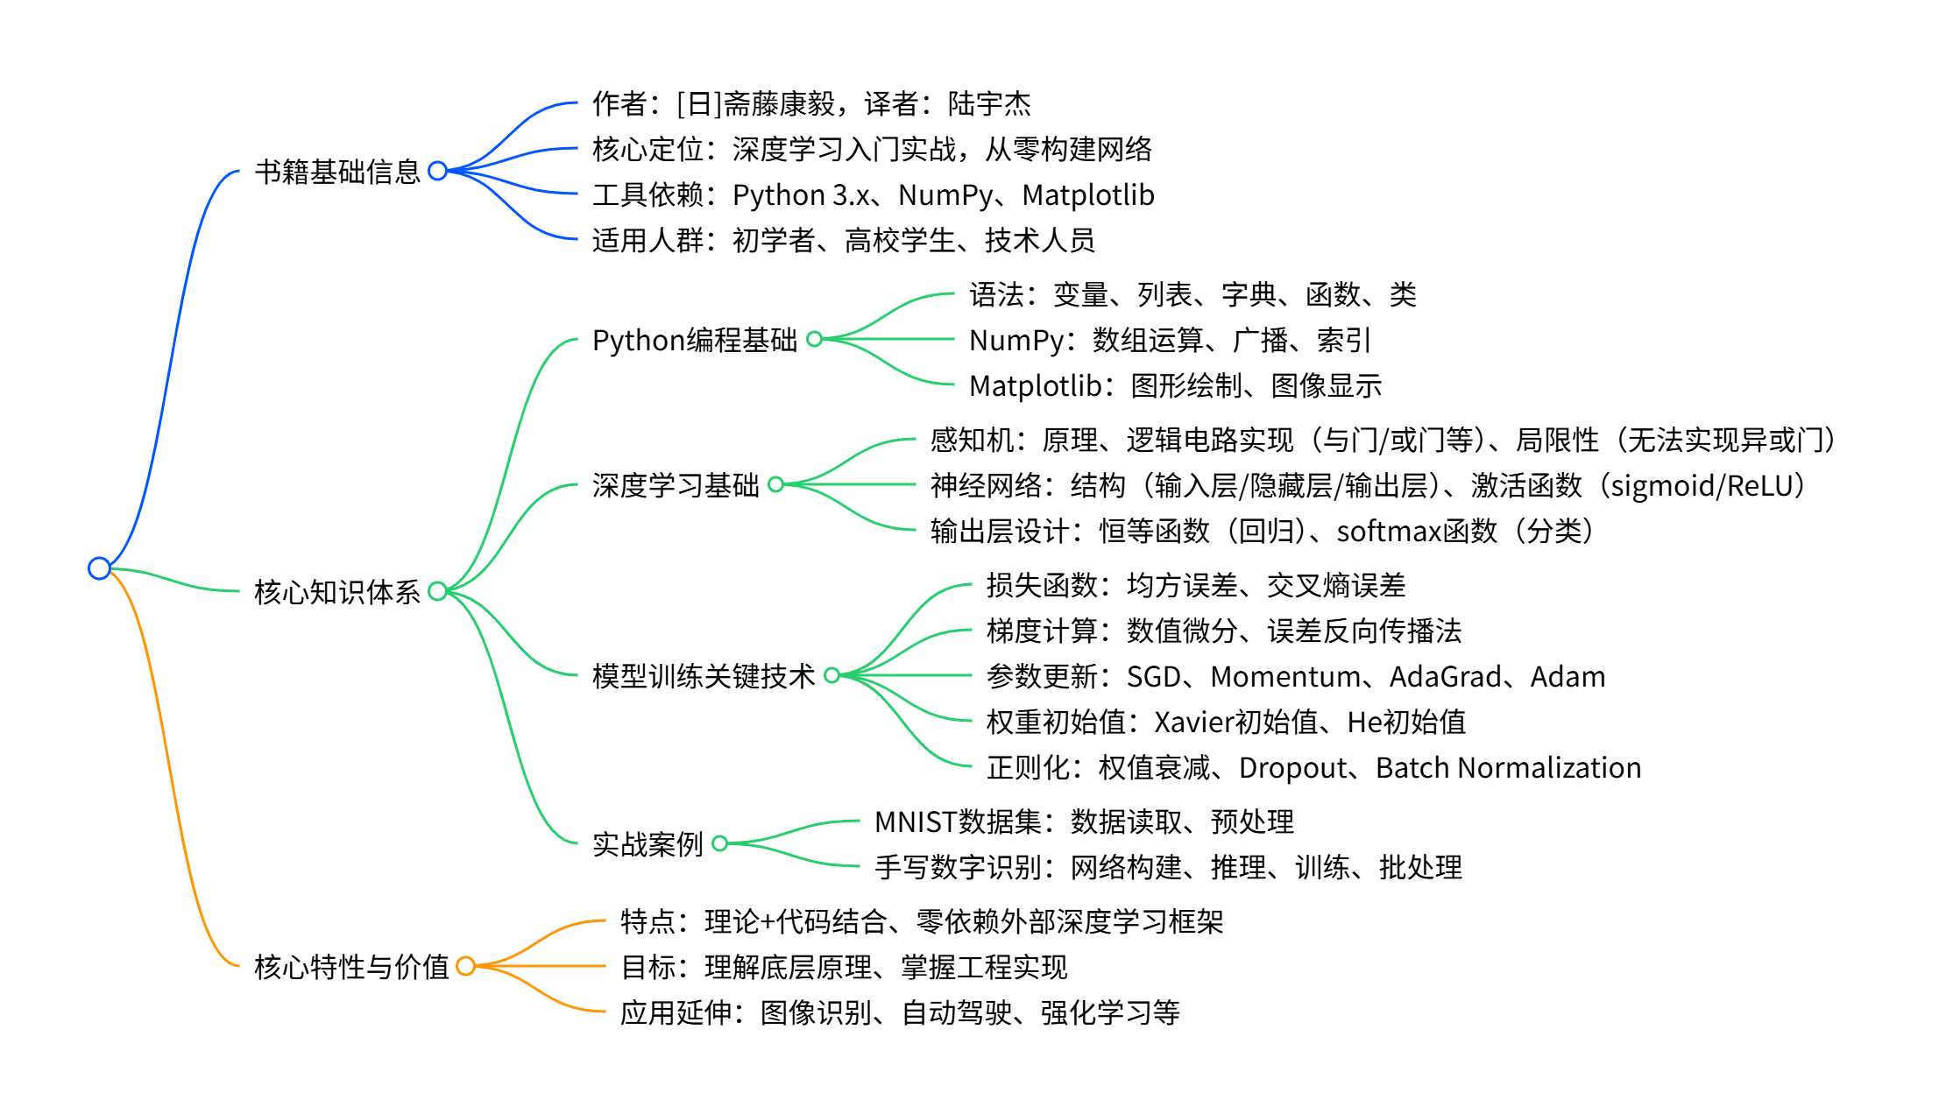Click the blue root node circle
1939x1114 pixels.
click(x=99, y=568)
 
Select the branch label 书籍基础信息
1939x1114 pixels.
click(x=337, y=172)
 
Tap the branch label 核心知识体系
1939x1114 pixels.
click(x=337, y=592)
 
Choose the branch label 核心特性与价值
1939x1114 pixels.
click(x=351, y=967)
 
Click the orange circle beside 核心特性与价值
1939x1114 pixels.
click(x=465, y=966)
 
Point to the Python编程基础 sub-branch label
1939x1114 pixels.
click(x=694, y=340)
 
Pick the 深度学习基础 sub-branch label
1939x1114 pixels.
click(x=676, y=485)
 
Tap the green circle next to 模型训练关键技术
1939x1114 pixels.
click(x=832, y=675)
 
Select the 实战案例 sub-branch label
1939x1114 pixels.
click(x=648, y=844)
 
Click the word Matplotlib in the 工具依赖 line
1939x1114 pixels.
click(x=1088, y=195)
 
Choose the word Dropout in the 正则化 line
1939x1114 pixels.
click(x=1292, y=768)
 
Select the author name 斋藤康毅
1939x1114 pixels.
click(x=780, y=104)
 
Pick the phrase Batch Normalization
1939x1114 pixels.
click(x=1508, y=768)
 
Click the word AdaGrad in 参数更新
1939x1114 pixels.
click(x=1445, y=677)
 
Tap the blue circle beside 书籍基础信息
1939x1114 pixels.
click(x=438, y=171)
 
